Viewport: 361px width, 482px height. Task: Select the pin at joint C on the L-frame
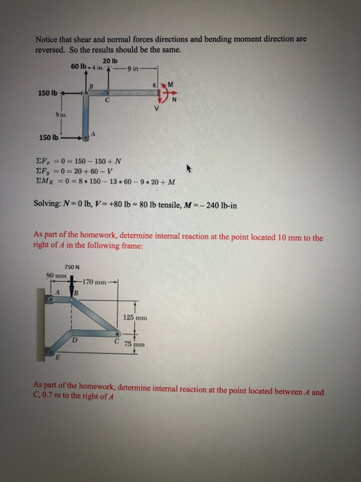pos(107,92)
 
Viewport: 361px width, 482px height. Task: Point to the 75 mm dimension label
pos(132,344)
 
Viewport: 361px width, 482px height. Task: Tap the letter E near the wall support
pos(58,358)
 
